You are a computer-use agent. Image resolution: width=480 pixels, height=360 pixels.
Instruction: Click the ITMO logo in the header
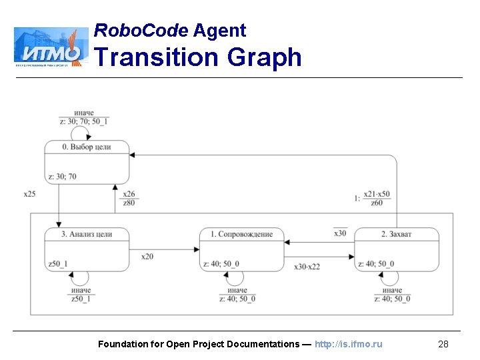[51, 47]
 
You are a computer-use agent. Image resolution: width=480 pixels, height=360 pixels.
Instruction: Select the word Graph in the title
[264, 57]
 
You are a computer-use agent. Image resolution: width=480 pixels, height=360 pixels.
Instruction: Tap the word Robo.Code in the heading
[141, 30]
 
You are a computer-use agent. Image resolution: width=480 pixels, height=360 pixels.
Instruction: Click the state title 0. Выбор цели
[86, 147]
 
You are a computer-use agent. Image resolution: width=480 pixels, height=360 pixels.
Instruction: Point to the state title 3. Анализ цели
[86, 234]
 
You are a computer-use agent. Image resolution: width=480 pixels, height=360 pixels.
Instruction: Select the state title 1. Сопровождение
[241, 234]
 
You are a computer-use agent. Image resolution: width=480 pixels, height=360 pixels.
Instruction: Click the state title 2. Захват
[397, 234]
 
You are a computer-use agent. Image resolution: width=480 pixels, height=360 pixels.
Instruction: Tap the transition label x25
[29, 194]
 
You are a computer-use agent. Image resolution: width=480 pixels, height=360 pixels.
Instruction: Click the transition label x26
[129, 194]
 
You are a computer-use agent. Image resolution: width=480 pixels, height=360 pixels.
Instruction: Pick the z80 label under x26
[129, 203]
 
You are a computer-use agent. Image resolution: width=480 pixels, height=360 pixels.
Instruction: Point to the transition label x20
[147, 256]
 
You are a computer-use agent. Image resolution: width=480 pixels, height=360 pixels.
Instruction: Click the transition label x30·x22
[307, 267]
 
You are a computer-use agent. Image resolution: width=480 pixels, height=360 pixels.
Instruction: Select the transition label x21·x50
[377, 194]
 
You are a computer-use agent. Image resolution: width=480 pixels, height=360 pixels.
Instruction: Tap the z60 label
[377, 203]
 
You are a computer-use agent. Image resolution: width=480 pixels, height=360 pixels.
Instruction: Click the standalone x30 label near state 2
[340, 233]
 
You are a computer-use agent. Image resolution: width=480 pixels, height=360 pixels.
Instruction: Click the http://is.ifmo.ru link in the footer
[348, 344]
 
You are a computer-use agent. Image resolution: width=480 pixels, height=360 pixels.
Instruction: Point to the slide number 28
[443, 344]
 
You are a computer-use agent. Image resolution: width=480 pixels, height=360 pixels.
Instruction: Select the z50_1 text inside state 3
[58, 264]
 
